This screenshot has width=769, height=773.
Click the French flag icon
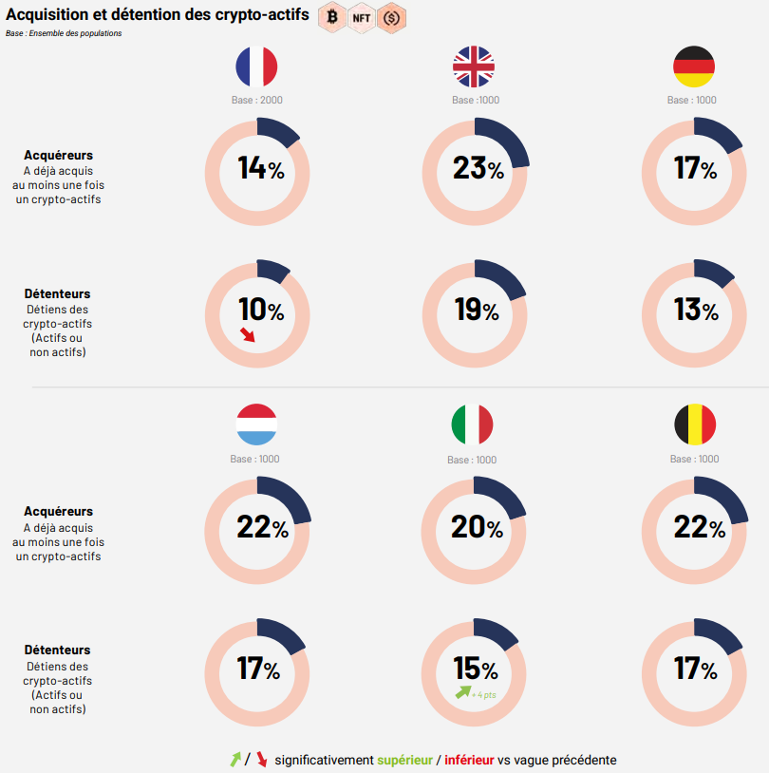tap(256, 67)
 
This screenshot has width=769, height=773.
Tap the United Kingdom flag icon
tap(475, 67)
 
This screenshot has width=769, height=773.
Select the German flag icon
tap(693, 67)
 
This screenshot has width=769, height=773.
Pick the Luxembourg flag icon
tap(256, 425)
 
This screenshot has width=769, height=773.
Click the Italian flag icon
tap(473, 425)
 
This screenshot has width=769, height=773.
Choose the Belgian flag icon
tap(695, 425)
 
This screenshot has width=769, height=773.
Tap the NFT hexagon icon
tap(362, 17)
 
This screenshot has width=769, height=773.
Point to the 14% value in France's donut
tap(260, 169)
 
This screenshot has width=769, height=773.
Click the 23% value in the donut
tap(478, 169)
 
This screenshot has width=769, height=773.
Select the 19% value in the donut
tap(476, 311)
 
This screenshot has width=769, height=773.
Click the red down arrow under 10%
tap(248, 334)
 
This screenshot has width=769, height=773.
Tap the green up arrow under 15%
tap(462, 692)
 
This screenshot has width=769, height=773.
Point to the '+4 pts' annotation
tap(484, 695)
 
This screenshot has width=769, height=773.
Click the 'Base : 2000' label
tap(257, 101)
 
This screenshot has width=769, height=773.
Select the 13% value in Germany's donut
tap(696, 311)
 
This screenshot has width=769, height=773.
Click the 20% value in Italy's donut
tap(476, 527)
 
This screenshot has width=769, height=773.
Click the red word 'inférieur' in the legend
tap(469, 760)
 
